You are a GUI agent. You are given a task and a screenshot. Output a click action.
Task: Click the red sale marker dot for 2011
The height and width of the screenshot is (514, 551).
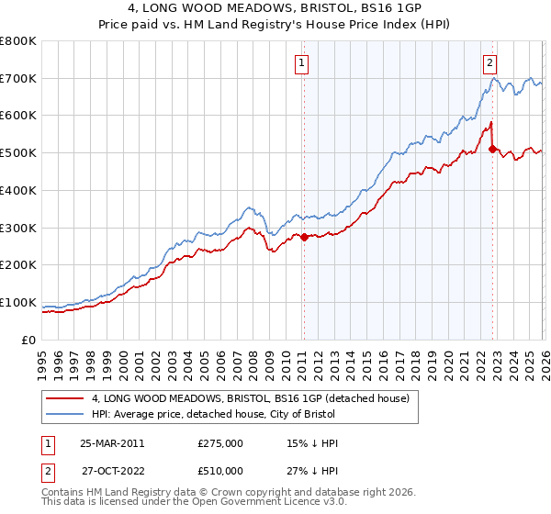pyautogui.click(x=304, y=237)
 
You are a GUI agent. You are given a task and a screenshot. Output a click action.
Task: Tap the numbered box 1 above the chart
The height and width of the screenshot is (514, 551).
pyautogui.click(x=301, y=63)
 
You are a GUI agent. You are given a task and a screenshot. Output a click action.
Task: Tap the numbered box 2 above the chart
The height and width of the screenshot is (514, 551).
pyautogui.click(x=489, y=63)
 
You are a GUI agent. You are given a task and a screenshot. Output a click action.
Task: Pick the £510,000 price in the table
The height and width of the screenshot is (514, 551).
pyautogui.click(x=220, y=470)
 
